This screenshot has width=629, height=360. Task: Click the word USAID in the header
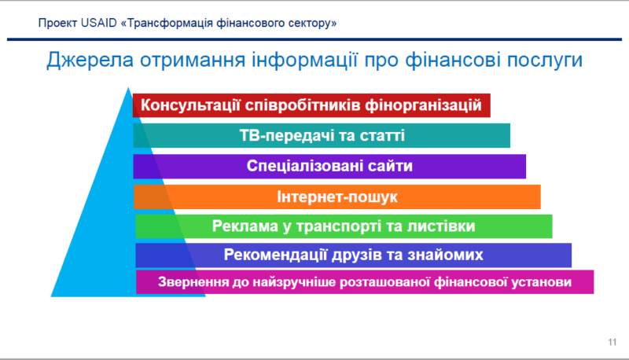(x=100, y=24)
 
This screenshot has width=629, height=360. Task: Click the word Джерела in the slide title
(x=86, y=60)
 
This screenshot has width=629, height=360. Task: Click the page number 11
(x=612, y=341)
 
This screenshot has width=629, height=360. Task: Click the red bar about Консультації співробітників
(x=311, y=105)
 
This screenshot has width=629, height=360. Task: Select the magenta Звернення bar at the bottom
(x=365, y=282)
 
